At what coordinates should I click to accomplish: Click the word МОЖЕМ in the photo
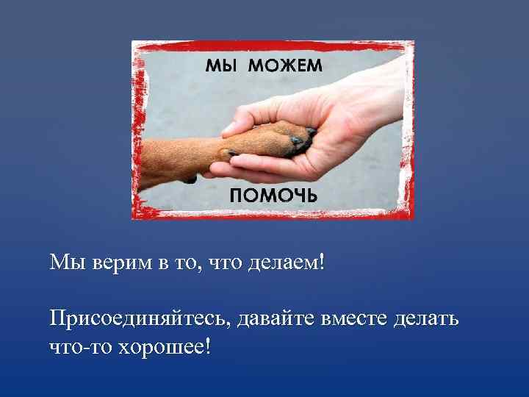(x=285, y=65)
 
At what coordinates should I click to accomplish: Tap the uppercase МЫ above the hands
(x=222, y=65)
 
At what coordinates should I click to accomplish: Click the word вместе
(x=359, y=319)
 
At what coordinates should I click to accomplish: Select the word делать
(x=428, y=319)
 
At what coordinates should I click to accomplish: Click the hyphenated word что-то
(x=79, y=345)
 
